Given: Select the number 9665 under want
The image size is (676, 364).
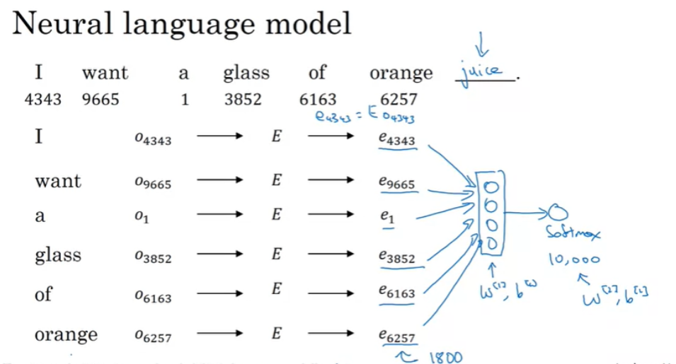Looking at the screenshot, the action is click(x=101, y=99).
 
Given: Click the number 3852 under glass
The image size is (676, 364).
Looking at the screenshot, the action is click(x=243, y=99).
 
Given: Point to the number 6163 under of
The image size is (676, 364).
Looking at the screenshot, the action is click(x=318, y=99).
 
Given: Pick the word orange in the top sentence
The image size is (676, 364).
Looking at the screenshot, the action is click(x=401, y=73).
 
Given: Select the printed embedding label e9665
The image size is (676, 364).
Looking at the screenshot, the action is click(x=396, y=183).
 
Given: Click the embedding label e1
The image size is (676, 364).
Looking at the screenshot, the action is click(x=386, y=217).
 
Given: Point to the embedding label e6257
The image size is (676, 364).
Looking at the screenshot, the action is click(x=397, y=336).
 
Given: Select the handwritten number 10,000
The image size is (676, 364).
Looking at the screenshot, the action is click(x=573, y=259).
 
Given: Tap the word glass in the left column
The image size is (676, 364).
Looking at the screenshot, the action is click(x=58, y=254).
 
